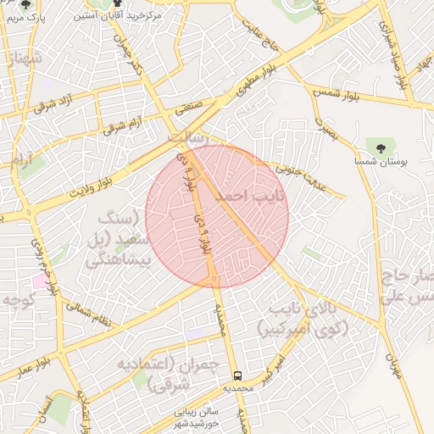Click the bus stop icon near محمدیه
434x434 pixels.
point(238,373)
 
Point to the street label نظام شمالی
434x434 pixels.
point(89,309)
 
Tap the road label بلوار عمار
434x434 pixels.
point(29,359)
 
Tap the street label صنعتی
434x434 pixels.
point(195,107)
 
